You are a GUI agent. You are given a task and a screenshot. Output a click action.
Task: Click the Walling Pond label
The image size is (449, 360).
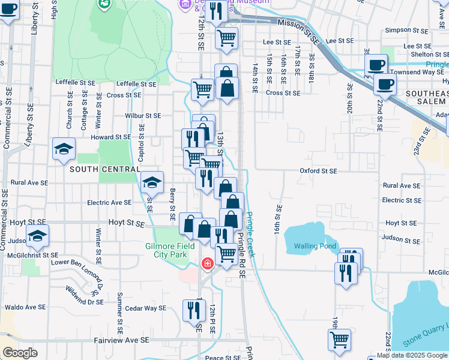pos(311,245)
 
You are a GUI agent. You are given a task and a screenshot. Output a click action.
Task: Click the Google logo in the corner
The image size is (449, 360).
pos(20,353)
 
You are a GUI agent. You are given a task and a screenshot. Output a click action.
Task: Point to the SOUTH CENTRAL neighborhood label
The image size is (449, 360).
pos(104,169)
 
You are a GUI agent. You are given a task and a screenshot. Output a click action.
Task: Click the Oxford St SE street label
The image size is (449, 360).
pos(319,170)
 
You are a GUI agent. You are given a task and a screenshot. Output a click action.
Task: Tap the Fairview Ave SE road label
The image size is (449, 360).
pos(121,340)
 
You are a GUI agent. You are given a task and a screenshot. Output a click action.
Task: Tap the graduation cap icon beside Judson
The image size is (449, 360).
pos(37,238)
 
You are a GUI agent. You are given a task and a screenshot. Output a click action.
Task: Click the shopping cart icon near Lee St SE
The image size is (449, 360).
pos(226,38)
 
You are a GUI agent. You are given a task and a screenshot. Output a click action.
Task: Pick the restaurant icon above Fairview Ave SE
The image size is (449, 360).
pos(194,310)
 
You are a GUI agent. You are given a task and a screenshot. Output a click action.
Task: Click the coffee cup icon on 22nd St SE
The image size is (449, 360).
pos(385,84)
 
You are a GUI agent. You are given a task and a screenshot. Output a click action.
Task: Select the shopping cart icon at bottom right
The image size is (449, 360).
pos(340,339)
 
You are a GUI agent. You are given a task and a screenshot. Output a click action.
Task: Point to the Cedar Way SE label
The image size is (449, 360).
pos(146,308)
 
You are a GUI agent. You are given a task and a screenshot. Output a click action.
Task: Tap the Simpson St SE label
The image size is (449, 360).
pos(406,29)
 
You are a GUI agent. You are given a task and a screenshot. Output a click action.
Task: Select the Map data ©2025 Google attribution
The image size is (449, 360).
pos(412,355)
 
